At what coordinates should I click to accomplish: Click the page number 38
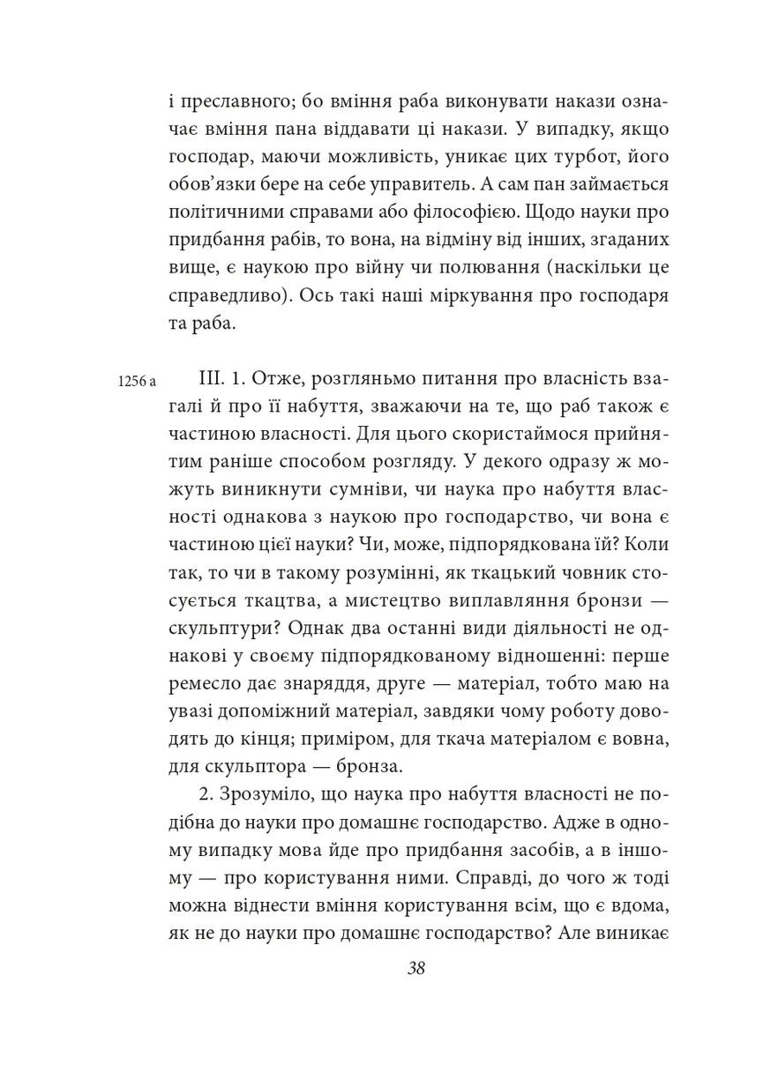(416, 967)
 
